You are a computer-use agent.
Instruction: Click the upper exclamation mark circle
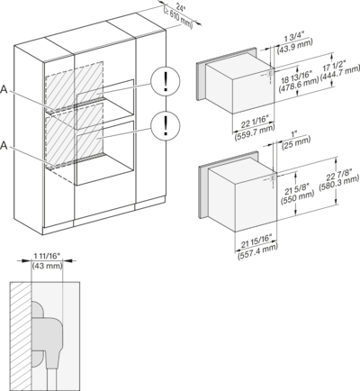(x=166, y=81)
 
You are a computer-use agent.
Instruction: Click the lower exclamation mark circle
(x=166, y=125)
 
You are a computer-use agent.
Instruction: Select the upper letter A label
(x=4, y=89)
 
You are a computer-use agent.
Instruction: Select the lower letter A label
(x=4, y=146)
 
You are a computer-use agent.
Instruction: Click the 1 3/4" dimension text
(x=294, y=38)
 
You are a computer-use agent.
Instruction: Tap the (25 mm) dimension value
(x=296, y=144)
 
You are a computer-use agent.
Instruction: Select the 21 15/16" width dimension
(x=256, y=241)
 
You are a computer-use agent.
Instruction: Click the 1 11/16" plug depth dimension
(x=47, y=256)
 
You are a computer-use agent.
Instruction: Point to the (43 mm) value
(x=47, y=265)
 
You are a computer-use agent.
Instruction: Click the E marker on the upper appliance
(x=270, y=73)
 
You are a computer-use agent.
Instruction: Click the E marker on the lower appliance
(x=273, y=178)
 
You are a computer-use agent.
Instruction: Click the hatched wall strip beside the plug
(x=21, y=336)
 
